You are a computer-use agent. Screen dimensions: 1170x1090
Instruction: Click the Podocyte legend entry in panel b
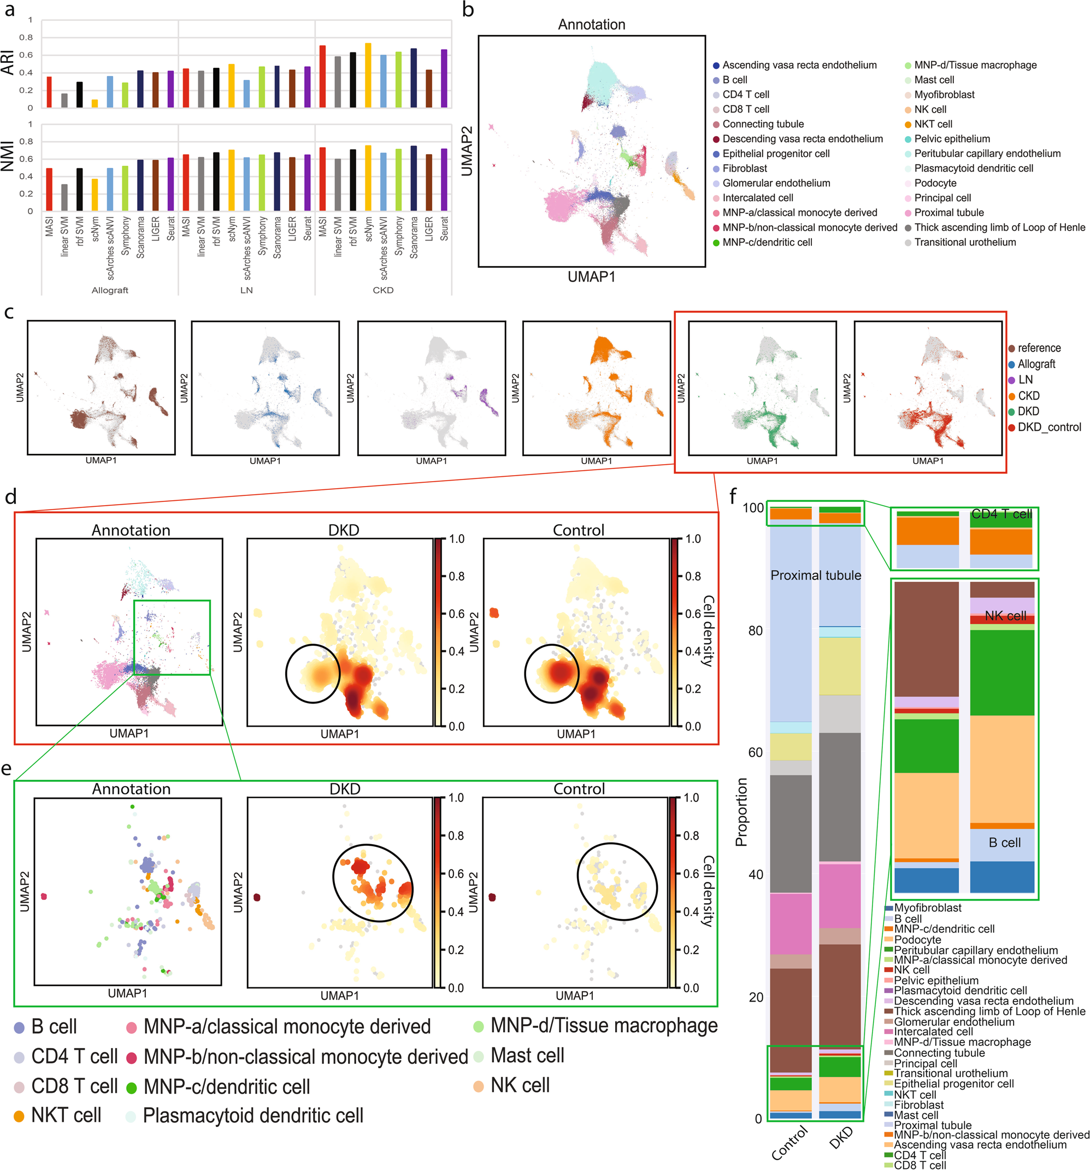pos(935,183)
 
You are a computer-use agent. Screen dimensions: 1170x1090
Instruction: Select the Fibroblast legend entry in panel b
pos(744,168)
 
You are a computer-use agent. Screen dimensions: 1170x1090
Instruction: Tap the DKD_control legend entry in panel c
pos(1049,428)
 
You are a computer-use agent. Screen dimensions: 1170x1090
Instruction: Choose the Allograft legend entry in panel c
pos(1036,364)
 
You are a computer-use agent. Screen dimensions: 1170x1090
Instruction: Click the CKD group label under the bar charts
pos(383,290)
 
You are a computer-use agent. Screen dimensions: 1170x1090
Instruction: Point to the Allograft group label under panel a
pos(110,290)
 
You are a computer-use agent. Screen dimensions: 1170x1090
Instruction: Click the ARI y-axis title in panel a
pos(8,62)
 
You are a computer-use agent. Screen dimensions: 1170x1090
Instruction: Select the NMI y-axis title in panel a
pos(8,156)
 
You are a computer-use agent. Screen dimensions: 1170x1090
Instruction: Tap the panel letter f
pos(733,496)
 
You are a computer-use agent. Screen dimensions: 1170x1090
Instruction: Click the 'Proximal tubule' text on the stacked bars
pos(815,576)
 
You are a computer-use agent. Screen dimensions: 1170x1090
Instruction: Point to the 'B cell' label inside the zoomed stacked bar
pos(1005,843)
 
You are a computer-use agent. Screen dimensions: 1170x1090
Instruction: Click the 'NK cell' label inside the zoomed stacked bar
pos(1005,616)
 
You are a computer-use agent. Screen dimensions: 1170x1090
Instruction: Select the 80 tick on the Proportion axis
pos(755,630)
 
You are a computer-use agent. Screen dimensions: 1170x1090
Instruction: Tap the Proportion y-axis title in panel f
pos(741,812)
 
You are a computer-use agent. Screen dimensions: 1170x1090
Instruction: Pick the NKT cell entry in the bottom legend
pos(66,1115)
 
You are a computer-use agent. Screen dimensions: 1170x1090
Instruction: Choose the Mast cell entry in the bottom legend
pos(527,1055)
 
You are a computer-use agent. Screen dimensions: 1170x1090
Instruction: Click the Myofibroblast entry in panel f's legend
pos(928,908)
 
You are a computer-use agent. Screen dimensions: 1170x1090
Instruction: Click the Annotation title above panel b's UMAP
pos(591,25)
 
